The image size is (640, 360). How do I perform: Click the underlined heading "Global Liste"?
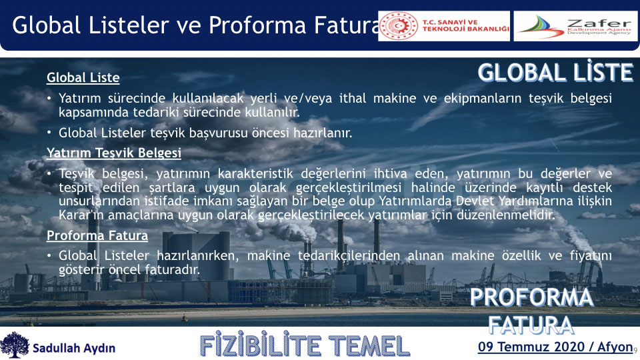(83, 77)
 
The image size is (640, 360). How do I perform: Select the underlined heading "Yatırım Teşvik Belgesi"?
(114, 153)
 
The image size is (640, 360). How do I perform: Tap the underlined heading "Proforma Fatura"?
(97, 235)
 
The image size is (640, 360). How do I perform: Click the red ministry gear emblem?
(399, 26)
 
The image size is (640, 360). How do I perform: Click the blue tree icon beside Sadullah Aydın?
(15, 345)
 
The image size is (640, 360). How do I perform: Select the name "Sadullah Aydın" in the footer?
(74, 348)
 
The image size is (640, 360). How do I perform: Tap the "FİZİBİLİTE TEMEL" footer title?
(305, 346)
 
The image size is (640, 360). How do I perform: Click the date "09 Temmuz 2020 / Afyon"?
(555, 347)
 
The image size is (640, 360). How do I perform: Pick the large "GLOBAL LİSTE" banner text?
(555, 73)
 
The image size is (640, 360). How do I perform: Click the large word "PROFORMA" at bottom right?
(531, 297)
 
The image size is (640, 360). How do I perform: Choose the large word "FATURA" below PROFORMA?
(531, 325)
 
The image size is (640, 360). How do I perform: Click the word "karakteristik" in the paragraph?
(255, 174)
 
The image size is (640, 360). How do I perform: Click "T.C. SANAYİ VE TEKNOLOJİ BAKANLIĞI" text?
(465, 26)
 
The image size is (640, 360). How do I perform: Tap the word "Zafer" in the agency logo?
(599, 23)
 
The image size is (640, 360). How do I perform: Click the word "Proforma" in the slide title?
(257, 25)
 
